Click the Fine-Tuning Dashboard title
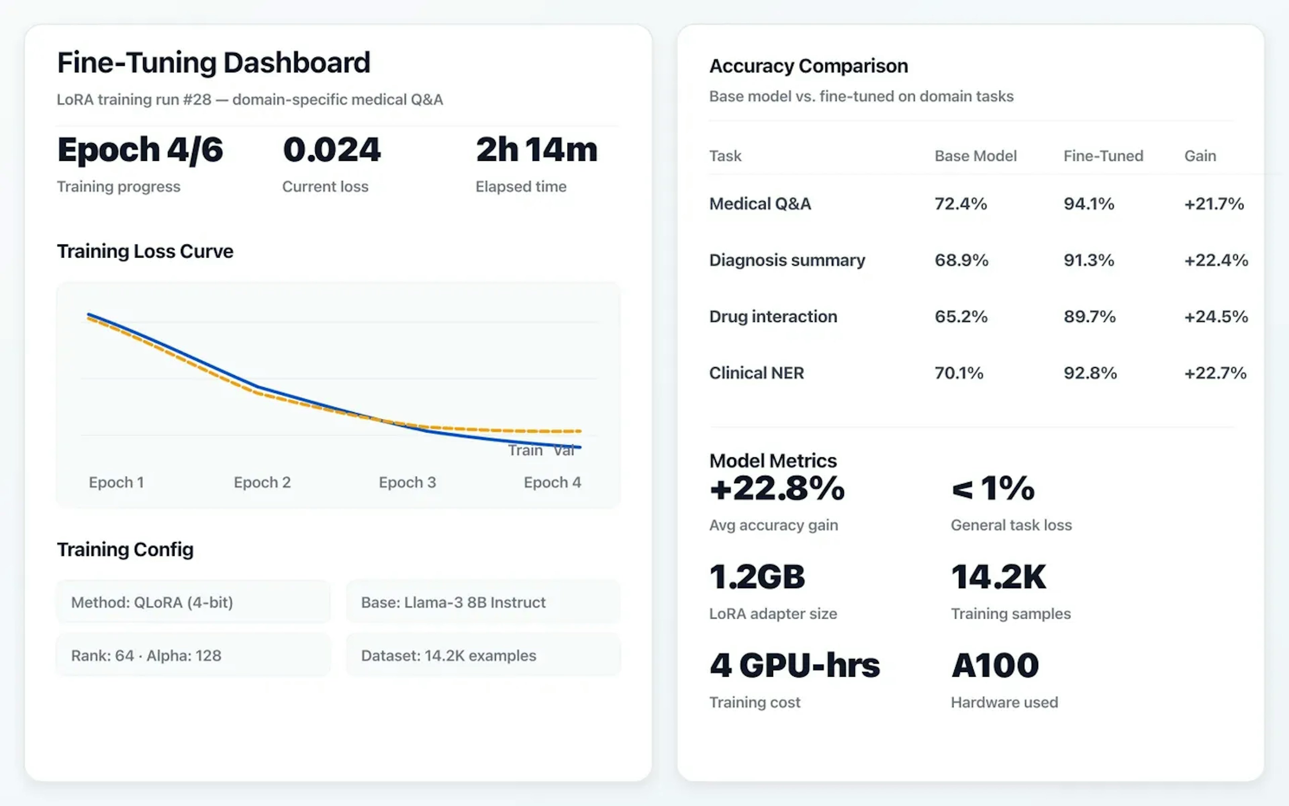click(x=213, y=63)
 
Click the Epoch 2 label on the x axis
click(x=262, y=483)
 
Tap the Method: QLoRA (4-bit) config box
click(x=193, y=602)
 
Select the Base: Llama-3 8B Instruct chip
click(x=483, y=602)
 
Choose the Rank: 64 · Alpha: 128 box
click(x=193, y=656)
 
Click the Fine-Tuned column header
click(x=1103, y=156)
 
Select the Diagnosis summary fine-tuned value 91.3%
click(x=1088, y=260)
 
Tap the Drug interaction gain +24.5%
click(x=1215, y=317)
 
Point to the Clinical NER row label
click(x=756, y=373)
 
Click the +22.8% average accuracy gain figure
click(x=777, y=489)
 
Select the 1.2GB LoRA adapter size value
click(x=757, y=577)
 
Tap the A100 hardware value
click(x=995, y=666)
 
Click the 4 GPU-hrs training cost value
click(x=794, y=666)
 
